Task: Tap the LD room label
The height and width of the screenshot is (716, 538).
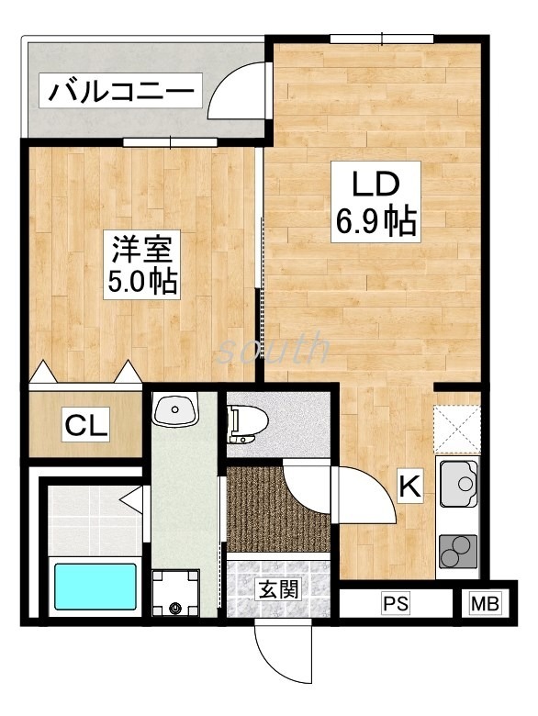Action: pyautogui.click(x=375, y=184)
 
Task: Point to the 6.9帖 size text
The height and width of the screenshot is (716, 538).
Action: pyautogui.click(x=375, y=221)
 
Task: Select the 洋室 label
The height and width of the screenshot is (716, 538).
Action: pyautogui.click(x=141, y=248)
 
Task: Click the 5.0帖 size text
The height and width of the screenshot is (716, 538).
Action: pyautogui.click(x=141, y=280)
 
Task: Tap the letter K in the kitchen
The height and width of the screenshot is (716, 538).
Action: pyautogui.click(x=409, y=487)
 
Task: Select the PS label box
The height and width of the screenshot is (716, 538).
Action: pyautogui.click(x=395, y=604)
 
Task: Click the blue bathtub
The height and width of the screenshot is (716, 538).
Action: pyautogui.click(x=95, y=587)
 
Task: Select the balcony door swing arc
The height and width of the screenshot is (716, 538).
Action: pyautogui.click(x=241, y=87)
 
